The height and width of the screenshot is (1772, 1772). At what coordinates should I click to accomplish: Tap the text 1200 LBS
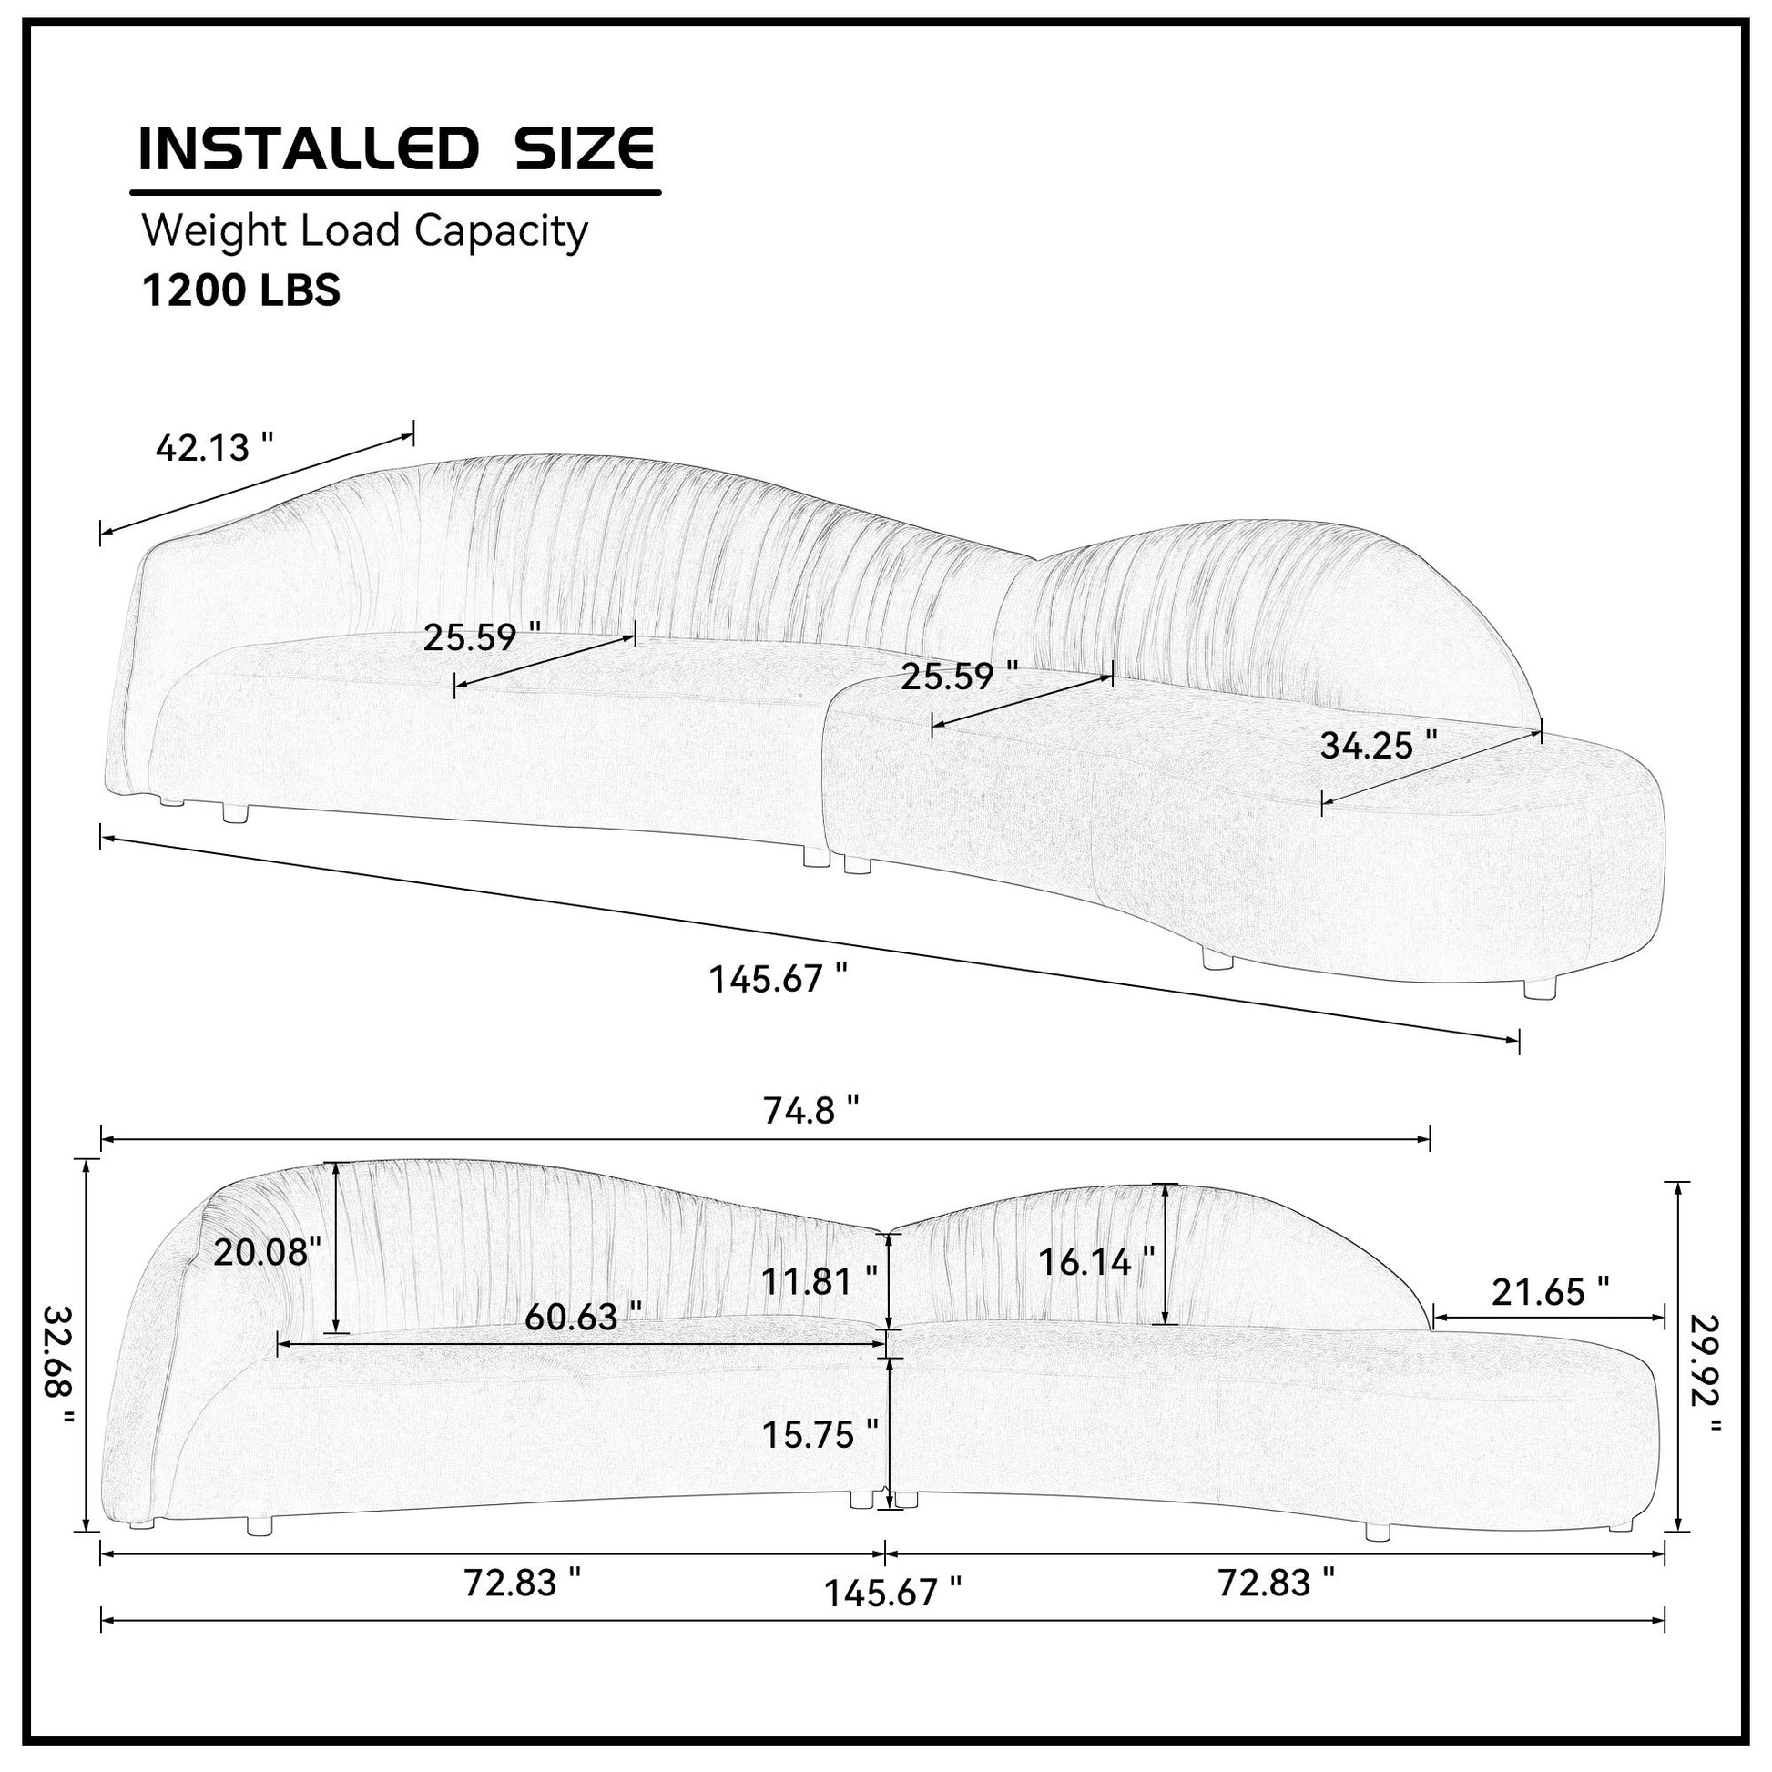pos(241,290)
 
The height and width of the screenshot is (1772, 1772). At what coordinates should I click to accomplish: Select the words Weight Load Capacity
pos(364,231)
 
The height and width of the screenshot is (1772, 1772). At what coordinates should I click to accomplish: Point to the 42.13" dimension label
pos(215,448)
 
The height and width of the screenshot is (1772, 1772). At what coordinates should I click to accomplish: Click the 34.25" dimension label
pos(1379,745)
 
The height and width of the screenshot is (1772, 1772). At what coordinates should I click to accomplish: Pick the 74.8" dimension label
pos(811,1112)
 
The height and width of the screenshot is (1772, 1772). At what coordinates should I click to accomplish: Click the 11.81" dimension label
pos(819,1280)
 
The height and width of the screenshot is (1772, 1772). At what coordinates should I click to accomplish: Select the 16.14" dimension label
pos(1096,1262)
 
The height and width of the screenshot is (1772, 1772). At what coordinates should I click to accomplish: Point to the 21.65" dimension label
pos(1550,1292)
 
